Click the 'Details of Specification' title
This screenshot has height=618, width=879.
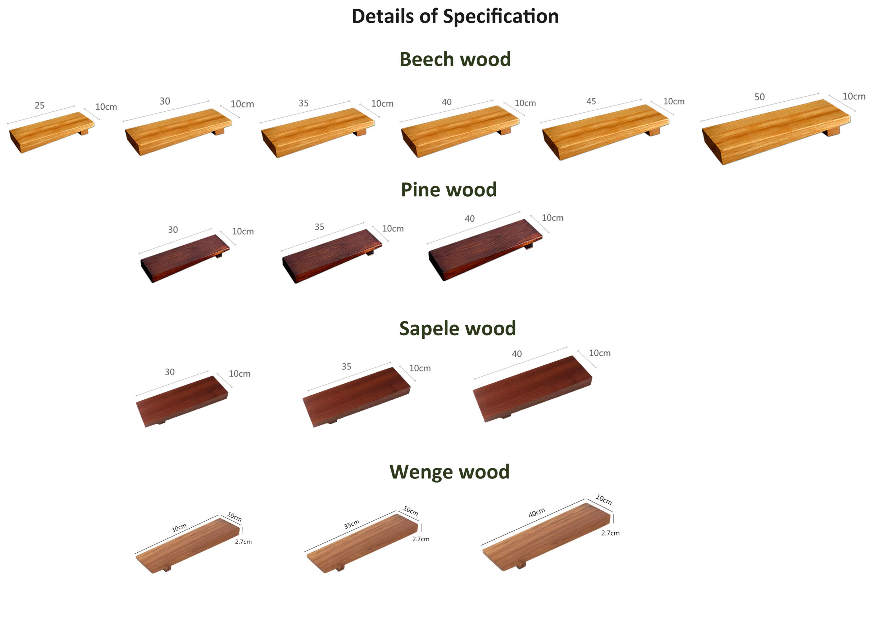click(x=455, y=16)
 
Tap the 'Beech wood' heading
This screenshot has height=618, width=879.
click(x=455, y=59)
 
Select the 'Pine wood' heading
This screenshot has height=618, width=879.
click(x=449, y=190)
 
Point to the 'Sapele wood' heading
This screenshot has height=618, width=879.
click(x=457, y=329)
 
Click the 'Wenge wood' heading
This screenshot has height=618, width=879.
click(x=449, y=472)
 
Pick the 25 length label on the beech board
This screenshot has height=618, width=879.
click(x=39, y=106)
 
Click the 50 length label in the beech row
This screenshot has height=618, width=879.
click(x=760, y=97)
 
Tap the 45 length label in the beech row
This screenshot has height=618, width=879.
click(x=591, y=101)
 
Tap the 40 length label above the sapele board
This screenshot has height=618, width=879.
click(x=517, y=354)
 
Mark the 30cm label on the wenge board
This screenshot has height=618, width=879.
click(x=179, y=528)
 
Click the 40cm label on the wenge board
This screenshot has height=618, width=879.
click(x=537, y=512)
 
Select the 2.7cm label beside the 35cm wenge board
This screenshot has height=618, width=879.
click(x=421, y=539)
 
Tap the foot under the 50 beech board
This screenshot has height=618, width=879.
click(x=833, y=132)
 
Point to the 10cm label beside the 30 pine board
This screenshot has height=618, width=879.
click(x=243, y=231)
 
